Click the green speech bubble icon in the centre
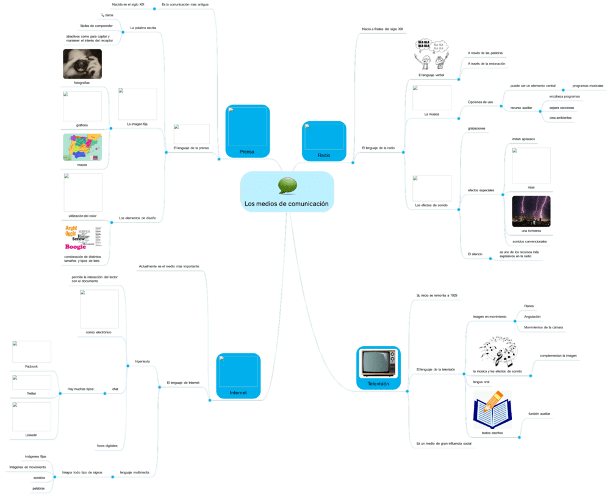287,185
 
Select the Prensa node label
246,152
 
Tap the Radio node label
324,155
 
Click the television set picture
378,363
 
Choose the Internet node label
238,393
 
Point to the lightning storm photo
531,211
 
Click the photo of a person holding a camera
82,64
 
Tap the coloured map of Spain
82,147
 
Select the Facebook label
31,366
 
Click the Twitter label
31,394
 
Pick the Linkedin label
31,435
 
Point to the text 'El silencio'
475,253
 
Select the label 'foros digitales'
107,446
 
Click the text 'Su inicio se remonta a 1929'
437,295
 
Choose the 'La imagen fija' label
137,124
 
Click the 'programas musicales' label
587,86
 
